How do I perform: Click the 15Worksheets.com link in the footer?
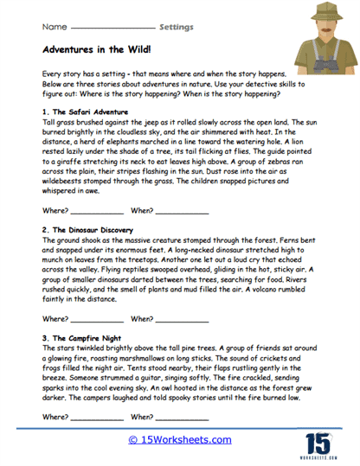click(179, 439)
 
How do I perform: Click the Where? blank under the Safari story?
click(97, 211)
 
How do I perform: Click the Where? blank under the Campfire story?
click(97, 418)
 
